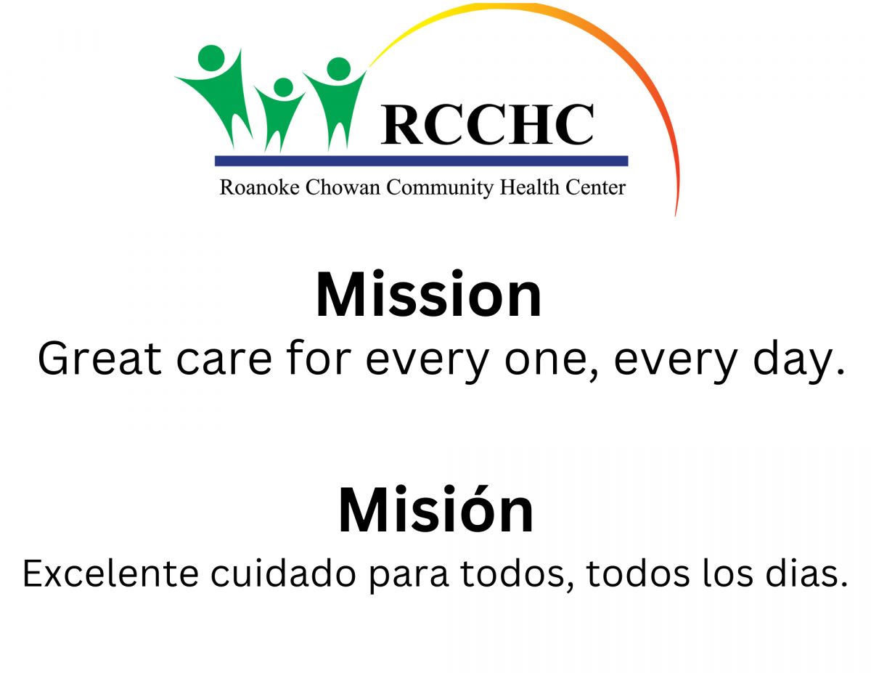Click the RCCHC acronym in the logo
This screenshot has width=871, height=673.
pos(486,124)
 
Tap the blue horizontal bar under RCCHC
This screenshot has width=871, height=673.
pos(421,160)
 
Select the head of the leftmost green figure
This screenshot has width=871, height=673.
pos(211,58)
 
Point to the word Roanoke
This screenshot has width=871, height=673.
pos(259,187)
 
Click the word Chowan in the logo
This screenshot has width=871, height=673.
pos(343,187)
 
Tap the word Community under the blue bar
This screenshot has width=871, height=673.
pos(440,188)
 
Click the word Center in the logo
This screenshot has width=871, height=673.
pos(595,187)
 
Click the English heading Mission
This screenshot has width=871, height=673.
pos(429,295)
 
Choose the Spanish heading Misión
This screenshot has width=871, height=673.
pos(436,510)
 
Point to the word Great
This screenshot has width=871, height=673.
pos(99,358)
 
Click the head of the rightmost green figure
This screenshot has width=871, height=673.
pos(339,69)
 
